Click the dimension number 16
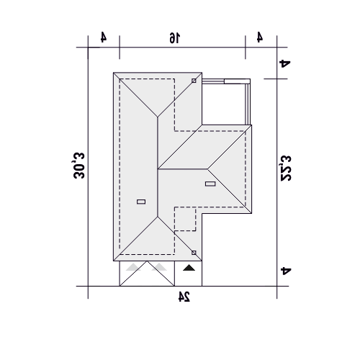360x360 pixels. (175, 38)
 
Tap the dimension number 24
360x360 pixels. (184, 296)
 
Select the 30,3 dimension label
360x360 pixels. (79, 166)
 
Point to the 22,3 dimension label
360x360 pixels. (286, 168)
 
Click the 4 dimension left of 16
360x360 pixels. (104, 37)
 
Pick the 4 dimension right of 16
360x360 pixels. (259, 37)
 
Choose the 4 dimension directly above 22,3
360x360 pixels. (285, 63)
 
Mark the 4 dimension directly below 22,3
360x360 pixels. (286, 271)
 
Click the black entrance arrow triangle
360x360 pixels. (189, 268)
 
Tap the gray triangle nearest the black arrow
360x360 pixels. (159, 267)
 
